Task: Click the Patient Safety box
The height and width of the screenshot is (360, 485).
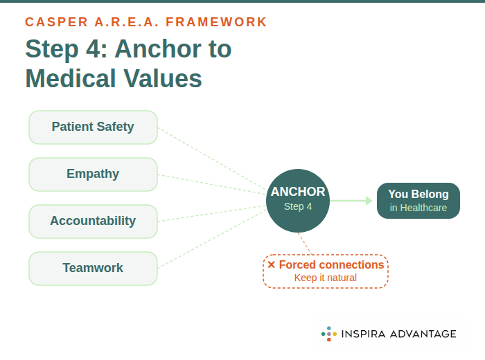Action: coord(93,127)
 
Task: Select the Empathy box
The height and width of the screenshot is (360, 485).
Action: coord(93,174)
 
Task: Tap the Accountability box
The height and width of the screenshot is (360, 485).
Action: coord(93,222)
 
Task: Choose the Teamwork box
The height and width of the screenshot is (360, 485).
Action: coord(93,269)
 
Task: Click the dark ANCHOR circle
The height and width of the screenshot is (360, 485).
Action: coord(298,201)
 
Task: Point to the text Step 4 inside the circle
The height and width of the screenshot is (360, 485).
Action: coord(298,206)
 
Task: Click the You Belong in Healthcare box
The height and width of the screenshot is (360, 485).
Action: coord(418,201)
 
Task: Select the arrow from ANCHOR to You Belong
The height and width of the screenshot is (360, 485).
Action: coord(352,201)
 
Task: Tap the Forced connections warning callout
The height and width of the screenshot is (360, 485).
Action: coord(326,271)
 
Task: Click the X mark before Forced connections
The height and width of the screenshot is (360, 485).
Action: coord(272,265)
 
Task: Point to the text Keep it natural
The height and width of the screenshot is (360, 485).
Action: coord(326,278)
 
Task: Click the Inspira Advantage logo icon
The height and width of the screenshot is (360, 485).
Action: coord(328,334)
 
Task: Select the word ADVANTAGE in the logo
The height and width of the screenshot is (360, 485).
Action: coord(422,334)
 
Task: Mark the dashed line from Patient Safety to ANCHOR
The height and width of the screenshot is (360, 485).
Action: coord(211,159)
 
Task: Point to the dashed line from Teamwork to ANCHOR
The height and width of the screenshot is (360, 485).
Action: coord(211,240)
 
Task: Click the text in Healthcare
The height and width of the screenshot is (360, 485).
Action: coord(418,208)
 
